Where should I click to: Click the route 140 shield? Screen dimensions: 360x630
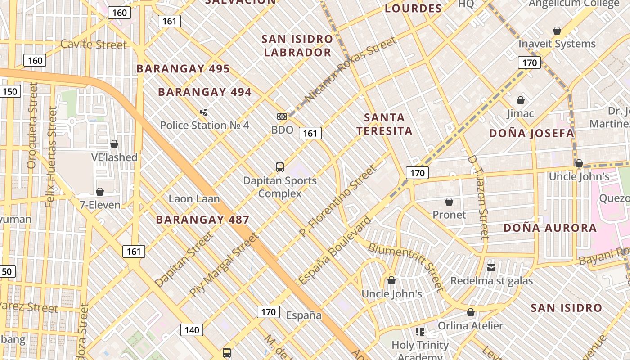click(x=192, y=330)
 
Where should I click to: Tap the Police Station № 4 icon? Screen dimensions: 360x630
click(x=204, y=112)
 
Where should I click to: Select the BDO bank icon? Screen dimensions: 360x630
click(x=282, y=117)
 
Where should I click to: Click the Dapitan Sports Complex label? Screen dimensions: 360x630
click(x=280, y=187)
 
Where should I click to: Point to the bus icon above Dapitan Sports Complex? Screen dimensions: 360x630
click(x=280, y=167)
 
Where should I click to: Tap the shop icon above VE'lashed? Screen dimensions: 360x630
click(x=114, y=144)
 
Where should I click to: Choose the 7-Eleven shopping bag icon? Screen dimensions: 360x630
click(x=100, y=192)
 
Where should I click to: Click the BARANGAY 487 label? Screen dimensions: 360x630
click(x=202, y=220)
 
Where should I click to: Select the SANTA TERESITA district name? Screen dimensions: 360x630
click(x=384, y=124)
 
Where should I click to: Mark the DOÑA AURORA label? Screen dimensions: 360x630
click(x=550, y=228)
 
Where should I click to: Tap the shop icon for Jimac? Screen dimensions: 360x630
click(x=521, y=100)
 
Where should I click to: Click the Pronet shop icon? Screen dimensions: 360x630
click(x=449, y=202)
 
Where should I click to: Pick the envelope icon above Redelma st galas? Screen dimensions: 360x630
click(x=491, y=268)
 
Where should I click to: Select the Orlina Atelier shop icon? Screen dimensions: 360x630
click(x=471, y=312)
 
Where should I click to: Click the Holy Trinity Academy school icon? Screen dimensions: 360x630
click(x=420, y=332)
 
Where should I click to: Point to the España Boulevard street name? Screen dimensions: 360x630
click(x=335, y=251)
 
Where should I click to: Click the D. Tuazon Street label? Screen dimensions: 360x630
click(x=478, y=197)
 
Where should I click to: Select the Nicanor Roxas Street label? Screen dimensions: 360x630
click(x=351, y=70)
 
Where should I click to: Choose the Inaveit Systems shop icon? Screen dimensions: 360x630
click(x=557, y=31)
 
